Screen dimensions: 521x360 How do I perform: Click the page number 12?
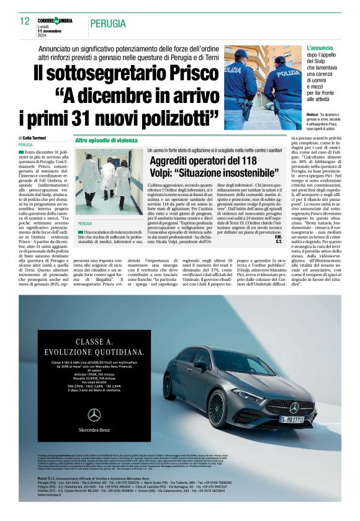[25, 21]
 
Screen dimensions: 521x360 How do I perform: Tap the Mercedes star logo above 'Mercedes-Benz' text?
[94, 415]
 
